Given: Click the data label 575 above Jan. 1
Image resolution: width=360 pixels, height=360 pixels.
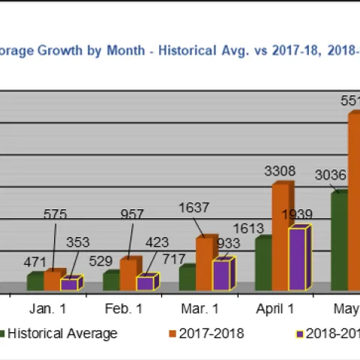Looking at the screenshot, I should click(55, 214).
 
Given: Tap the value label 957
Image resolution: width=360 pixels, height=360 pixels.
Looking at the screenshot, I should click(132, 214).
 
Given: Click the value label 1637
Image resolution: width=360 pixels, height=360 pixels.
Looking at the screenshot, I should click(195, 208).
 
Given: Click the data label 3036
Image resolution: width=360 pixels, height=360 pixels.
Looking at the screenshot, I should click(330, 175).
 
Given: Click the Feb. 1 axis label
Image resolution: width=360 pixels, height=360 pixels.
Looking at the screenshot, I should click(124, 308).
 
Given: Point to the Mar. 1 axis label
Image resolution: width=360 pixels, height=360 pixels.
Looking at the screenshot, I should click(200, 308).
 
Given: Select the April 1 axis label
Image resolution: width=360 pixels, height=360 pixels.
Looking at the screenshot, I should click(276, 308).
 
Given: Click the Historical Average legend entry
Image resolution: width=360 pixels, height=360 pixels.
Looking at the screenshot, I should click(61, 334).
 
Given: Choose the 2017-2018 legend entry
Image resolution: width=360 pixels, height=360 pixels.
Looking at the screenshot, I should click(211, 334).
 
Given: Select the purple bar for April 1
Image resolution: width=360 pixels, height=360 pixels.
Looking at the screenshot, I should click(296, 259).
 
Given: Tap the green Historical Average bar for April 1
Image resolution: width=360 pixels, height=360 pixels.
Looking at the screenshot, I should click(262, 264).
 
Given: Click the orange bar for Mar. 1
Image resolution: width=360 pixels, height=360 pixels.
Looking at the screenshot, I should click(204, 264).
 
